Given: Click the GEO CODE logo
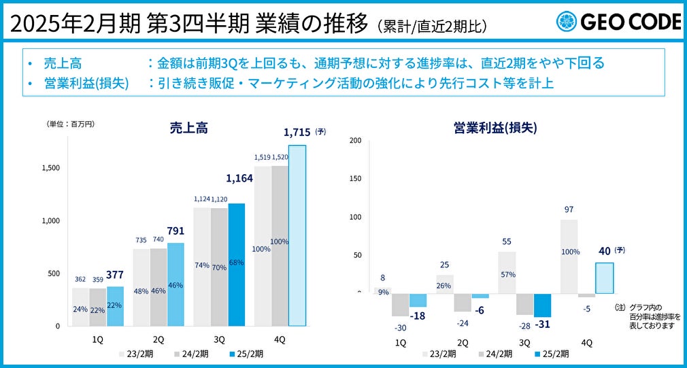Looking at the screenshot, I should pos(618,22).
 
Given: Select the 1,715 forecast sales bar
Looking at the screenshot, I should pos(297,235).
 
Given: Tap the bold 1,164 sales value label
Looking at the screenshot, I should pos(239,178).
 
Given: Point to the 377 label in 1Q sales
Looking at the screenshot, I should pos(115,274).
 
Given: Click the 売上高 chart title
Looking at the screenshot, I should pos(188,127).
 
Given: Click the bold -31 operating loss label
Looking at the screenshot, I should pos(542,324).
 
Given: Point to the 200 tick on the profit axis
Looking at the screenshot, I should pos(355,141).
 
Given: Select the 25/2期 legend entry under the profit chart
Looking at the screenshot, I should pos(548,354).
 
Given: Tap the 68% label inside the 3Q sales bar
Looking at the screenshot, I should pos(236,263).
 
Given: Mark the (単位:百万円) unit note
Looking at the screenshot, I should pos(71,124).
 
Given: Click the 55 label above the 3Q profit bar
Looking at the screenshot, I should pos(507,241).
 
